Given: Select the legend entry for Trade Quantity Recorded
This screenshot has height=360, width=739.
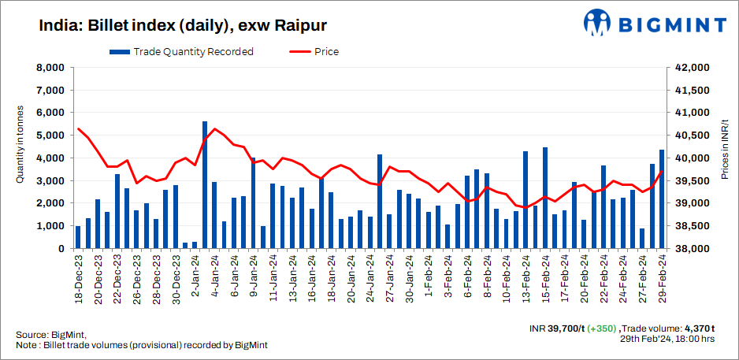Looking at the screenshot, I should (x=182, y=52).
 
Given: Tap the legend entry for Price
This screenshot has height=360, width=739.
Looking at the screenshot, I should (x=315, y=52).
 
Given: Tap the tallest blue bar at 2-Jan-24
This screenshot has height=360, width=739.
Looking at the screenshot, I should (x=205, y=185).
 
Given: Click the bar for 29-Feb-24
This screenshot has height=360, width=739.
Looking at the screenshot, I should (x=662, y=199).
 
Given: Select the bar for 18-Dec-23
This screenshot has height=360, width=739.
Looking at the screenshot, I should (x=78, y=237).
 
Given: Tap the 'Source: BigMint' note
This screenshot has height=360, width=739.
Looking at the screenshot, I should (x=50, y=334).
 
